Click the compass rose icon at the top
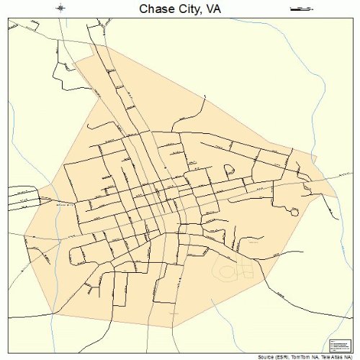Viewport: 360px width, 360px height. click(x=61, y=9)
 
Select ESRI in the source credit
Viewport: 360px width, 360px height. click(x=287, y=356)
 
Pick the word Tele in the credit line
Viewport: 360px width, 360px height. click(x=328, y=356)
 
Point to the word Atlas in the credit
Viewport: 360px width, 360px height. click(x=340, y=356)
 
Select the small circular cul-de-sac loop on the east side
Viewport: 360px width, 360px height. click(x=293, y=212)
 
